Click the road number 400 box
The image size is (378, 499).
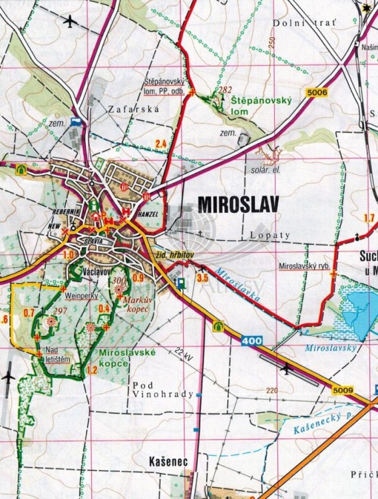point(252,341)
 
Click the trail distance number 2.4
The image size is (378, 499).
point(160,144)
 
